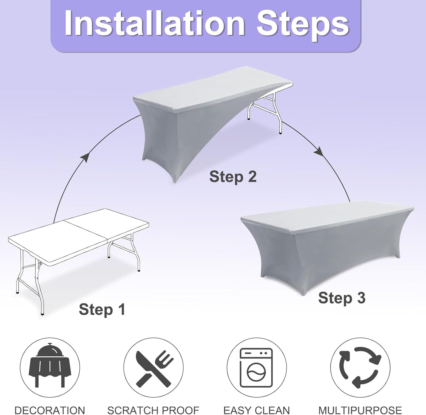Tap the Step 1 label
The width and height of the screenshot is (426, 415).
coord(102,310)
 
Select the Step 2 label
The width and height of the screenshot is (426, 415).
coord(233,177)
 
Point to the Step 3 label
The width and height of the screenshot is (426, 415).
coord(342,298)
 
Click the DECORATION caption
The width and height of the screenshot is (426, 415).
coord(50,409)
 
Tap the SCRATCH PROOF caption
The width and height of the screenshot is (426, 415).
coord(153,409)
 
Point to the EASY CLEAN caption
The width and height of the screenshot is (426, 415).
coord(256,409)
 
